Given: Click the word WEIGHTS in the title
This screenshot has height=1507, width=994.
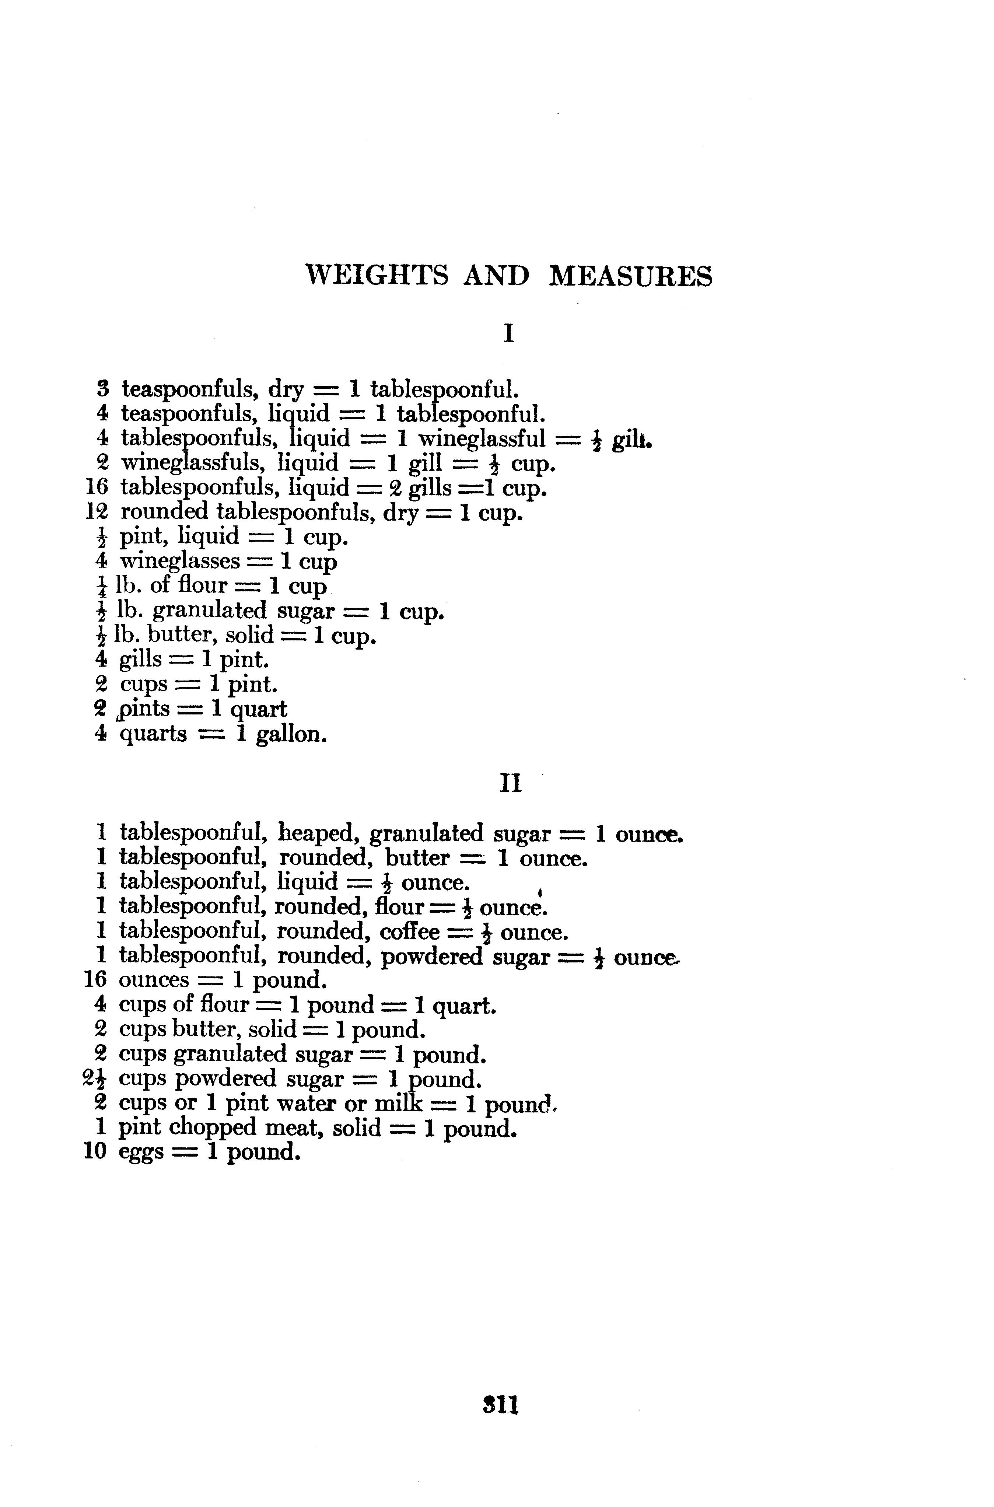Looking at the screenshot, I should pos(377,276).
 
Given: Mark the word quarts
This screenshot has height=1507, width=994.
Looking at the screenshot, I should pos(153,735).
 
